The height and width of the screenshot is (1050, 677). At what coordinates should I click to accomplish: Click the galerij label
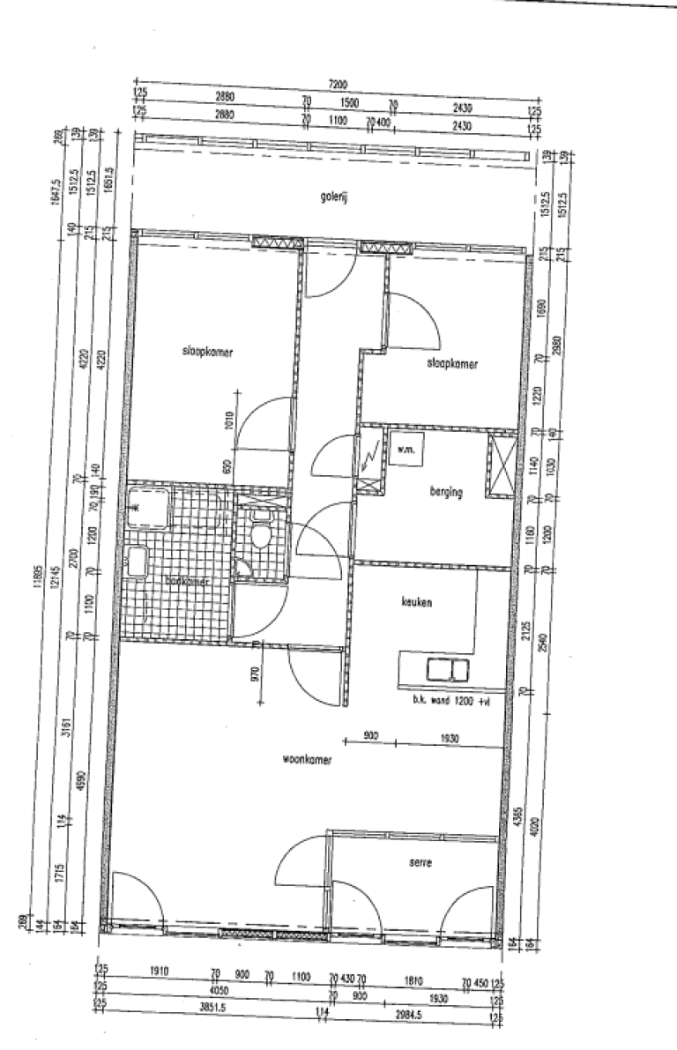[x=335, y=199]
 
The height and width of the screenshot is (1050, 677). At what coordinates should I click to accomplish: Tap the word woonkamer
[x=307, y=758]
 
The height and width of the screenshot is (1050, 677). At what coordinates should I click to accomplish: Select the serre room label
[x=421, y=863]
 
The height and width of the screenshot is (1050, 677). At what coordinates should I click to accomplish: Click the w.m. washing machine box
[x=407, y=450]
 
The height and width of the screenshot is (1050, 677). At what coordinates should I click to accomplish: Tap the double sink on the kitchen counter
[x=448, y=670]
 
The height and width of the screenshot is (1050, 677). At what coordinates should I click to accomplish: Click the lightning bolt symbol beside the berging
[x=369, y=458]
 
